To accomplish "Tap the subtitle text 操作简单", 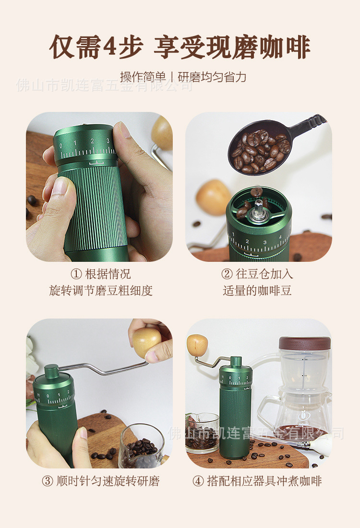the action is (x=143, y=77).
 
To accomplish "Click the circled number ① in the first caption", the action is (x=76, y=274).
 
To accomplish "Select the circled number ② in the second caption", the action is (x=227, y=274).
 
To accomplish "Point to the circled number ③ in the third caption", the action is (x=48, y=481).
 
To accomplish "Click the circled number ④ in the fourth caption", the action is (x=198, y=481).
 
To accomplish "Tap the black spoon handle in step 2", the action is (x=307, y=125).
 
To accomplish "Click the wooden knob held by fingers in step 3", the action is (x=146, y=343).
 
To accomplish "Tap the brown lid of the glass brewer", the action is (x=305, y=343).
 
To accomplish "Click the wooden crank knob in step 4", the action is (x=197, y=345).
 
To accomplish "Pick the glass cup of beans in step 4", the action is (x=202, y=433).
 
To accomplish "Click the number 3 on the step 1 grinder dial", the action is (x=108, y=141).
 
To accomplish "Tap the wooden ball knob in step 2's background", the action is (x=213, y=197).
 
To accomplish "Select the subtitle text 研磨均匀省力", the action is (x=212, y=77).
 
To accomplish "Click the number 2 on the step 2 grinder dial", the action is (x=247, y=241).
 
